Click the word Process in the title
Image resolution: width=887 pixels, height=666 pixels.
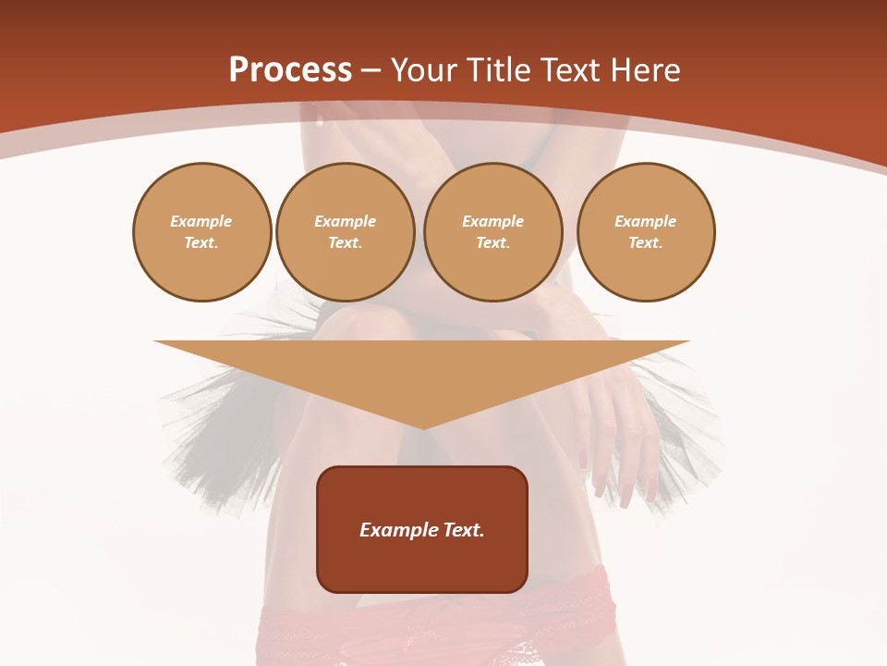(x=290, y=70)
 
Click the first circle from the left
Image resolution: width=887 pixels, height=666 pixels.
(x=201, y=232)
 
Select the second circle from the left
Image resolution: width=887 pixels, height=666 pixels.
(x=345, y=232)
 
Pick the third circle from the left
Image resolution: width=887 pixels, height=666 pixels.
(x=492, y=232)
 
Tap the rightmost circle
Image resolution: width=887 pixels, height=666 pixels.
(x=645, y=232)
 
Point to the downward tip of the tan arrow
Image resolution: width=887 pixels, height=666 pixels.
(x=422, y=427)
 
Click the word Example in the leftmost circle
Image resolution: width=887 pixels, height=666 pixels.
(x=201, y=222)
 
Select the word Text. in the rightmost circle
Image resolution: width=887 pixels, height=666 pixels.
(x=645, y=243)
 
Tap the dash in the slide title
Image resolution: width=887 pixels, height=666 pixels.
(x=371, y=70)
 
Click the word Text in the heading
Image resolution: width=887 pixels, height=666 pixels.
(x=569, y=70)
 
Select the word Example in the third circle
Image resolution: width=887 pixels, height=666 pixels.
(x=492, y=222)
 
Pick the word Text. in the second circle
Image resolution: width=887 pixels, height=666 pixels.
(x=345, y=243)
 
